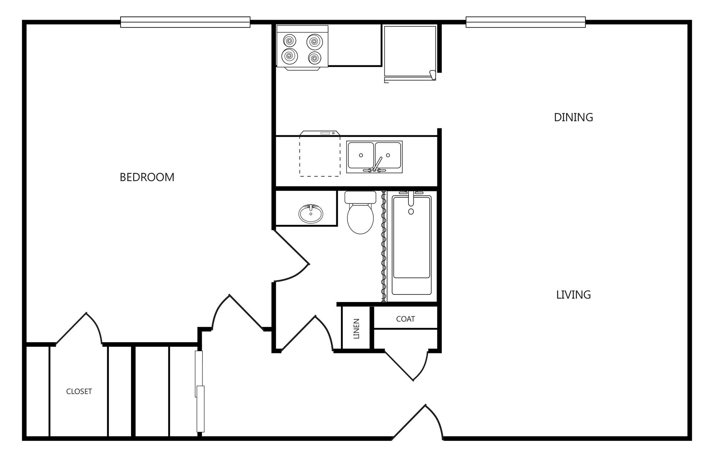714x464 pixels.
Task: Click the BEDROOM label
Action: (147, 177)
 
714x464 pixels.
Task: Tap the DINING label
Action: (573, 117)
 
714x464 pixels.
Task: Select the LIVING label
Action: (573, 294)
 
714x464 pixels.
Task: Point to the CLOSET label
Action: (79, 392)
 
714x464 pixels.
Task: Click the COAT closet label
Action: (406, 319)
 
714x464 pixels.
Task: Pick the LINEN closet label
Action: (356, 328)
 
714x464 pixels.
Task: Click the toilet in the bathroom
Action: (361, 212)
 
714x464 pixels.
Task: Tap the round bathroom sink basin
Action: (311, 213)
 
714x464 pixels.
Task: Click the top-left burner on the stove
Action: (289, 40)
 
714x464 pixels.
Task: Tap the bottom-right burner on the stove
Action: (315, 57)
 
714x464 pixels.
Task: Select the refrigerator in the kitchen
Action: (410, 53)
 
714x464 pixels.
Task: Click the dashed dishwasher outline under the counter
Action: (320, 156)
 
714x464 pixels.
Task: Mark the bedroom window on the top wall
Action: (185, 22)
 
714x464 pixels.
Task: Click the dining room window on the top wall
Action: (526, 22)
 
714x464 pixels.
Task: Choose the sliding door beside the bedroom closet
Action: (200, 391)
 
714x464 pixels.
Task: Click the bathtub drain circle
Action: (411, 212)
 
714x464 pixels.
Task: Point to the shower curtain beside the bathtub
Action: (384, 246)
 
